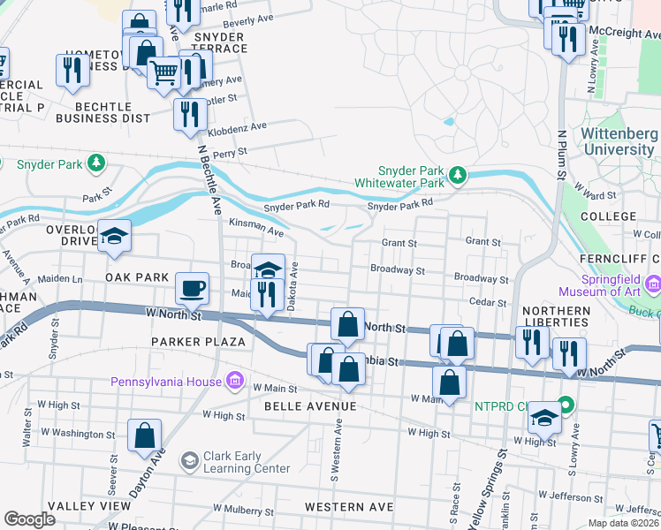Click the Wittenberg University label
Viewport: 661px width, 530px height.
(619, 142)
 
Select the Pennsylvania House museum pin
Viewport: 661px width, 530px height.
(235, 382)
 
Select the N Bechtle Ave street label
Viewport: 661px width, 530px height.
(209, 177)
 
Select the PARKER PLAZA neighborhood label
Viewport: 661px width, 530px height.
(197, 341)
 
